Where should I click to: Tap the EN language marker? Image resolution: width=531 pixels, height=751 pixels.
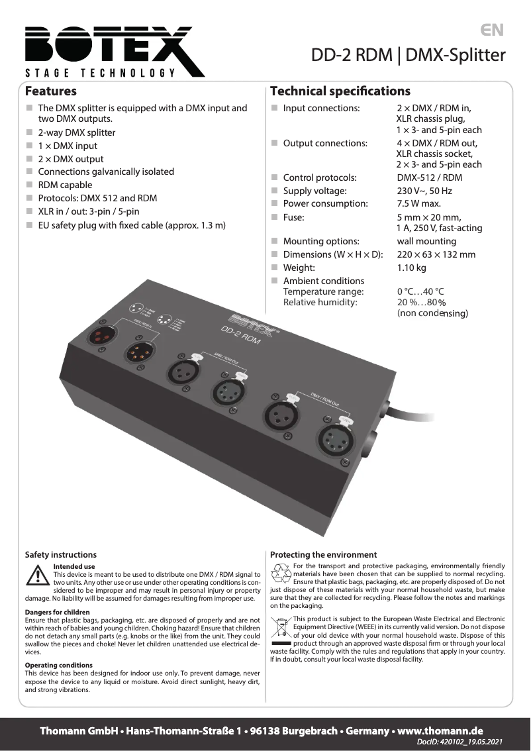coord(492,30)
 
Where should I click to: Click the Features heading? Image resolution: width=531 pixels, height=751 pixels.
coord(51,91)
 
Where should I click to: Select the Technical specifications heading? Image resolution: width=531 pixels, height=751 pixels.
coord(340,91)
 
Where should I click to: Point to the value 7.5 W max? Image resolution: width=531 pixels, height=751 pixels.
coord(418,204)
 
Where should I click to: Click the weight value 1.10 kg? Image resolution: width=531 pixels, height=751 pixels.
coord(411,268)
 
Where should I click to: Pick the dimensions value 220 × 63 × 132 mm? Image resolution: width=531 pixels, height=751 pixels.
coord(436,254)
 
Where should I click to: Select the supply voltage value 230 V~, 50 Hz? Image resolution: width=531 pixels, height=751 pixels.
coord(424,191)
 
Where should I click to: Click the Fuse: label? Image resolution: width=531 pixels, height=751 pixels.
coord(294,217)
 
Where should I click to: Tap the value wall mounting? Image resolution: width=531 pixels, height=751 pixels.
coord(426,241)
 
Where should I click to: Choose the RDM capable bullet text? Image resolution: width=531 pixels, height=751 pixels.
coord(65,185)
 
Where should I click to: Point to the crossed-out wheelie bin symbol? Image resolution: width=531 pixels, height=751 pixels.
coord(281,626)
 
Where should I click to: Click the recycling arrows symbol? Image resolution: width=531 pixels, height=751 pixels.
coord(281,570)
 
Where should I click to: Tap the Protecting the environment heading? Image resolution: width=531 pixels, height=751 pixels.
coord(323,555)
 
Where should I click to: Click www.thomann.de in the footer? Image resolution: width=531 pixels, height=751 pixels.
coord(440,731)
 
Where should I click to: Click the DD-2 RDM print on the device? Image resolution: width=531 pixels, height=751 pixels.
coord(241,337)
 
